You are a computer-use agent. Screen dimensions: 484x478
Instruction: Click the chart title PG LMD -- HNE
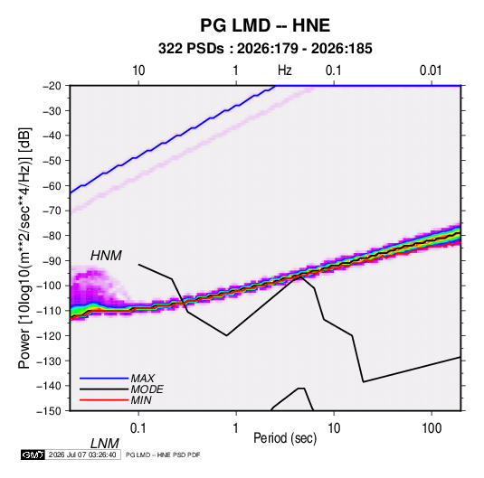click(265, 25)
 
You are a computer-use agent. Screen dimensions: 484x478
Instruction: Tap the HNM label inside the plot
click(106, 256)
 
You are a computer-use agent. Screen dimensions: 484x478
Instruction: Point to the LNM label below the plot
click(105, 444)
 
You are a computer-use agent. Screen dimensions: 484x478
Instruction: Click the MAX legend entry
click(142, 378)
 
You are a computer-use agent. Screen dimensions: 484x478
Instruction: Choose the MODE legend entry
click(147, 389)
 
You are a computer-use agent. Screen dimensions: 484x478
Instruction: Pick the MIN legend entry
click(141, 400)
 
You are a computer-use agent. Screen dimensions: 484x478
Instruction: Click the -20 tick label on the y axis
click(52, 86)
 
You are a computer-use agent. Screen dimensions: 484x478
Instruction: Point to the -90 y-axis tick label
click(52, 261)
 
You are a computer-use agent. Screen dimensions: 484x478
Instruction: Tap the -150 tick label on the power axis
click(49, 411)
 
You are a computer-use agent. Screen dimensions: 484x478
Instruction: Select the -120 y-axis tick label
click(49, 336)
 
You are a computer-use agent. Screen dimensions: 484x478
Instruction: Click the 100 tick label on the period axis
click(432, 428)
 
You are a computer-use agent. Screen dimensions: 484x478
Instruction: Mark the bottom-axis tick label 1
click(236, 428)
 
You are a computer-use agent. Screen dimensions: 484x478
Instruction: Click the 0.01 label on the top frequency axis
click(431, 70)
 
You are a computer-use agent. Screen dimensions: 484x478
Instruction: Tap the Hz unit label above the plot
click(285, 70)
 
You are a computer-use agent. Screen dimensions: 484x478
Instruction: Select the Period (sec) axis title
click(285, 438)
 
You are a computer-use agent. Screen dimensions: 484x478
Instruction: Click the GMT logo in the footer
click(33, 455)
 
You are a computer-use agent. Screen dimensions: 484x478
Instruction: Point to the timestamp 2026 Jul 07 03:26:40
click(82, 455)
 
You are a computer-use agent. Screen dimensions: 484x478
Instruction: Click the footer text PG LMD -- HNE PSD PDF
click(163, 455)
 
